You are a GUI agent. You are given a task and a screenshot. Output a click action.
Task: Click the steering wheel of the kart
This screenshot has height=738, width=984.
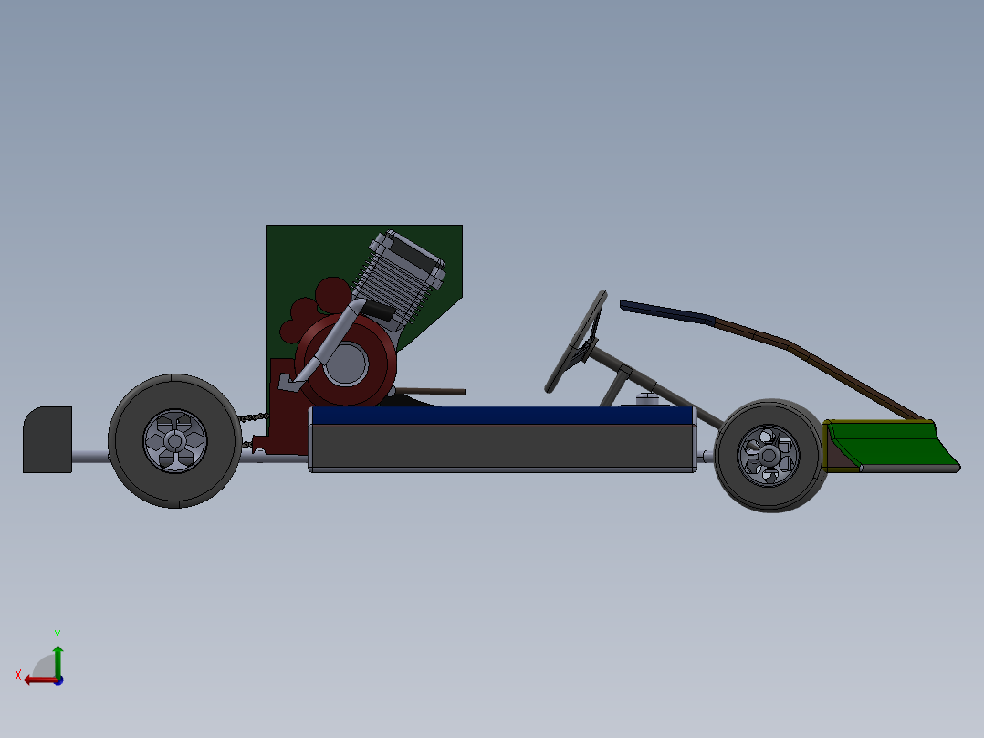pos(575,343)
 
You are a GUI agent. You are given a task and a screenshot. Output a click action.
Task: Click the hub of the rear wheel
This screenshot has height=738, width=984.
pos(174,440)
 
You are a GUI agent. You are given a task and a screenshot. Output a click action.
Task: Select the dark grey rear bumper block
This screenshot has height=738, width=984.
pos(47,439)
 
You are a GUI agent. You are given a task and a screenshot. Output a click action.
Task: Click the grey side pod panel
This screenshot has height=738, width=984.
pos(502,448)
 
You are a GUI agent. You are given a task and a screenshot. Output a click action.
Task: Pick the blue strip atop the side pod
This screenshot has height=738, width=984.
pos(502,416)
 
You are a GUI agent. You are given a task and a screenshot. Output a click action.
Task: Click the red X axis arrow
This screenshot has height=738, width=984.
pos(37,679)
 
